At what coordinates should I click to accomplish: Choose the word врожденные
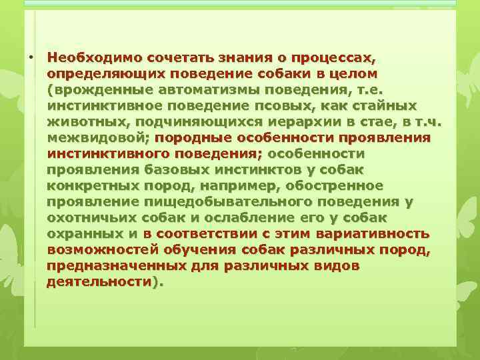(x=99, y=89)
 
